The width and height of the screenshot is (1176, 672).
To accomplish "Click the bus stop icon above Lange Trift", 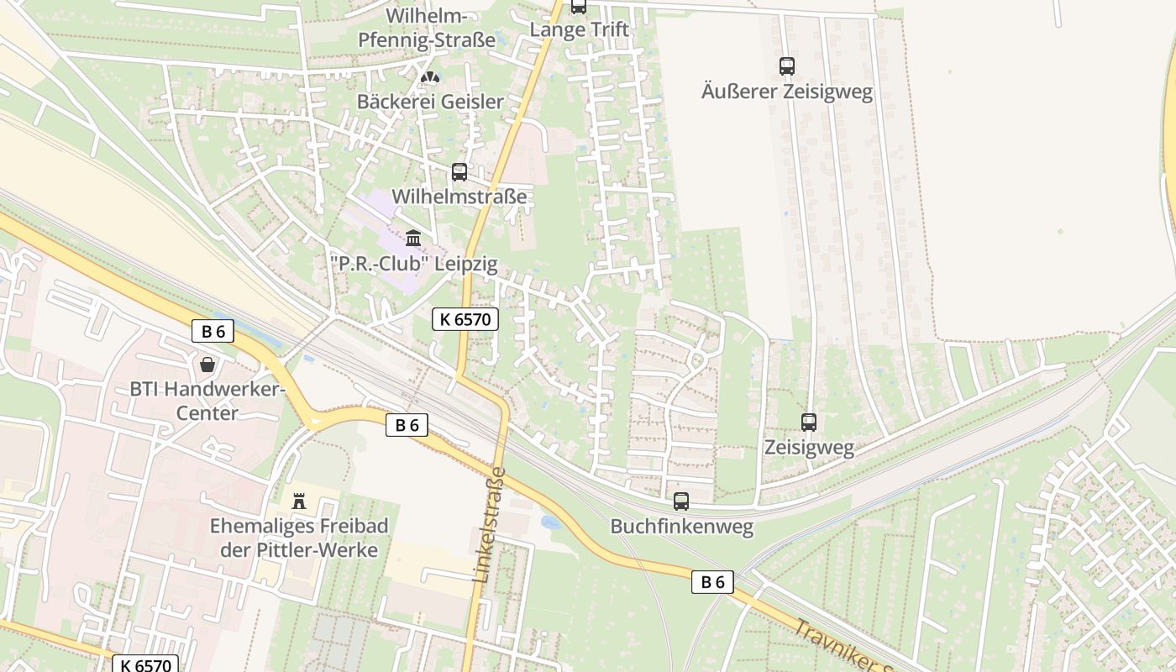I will pyautogui.click(x=579, y=7).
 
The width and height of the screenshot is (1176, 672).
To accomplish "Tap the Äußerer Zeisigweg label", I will pyautogui.click(x=786, y=92).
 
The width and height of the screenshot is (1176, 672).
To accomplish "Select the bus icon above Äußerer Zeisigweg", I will pyautogui.click(x=786, y=66).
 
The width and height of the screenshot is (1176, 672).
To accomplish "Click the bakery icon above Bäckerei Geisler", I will pyautogui.click(x=430, y=77).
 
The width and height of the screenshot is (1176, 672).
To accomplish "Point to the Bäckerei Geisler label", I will pyautogui.click(x=430, y=102).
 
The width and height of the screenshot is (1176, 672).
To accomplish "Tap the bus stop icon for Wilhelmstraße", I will pyautogui.click(x=459, y=172).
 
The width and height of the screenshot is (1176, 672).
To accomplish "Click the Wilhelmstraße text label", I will pyautogui.click(x=459, y=197).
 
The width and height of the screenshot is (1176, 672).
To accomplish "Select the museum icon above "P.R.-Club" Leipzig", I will pyautogui.click(x=412, y=239).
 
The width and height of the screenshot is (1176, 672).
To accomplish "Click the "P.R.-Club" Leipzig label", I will pyautogui.click(x=413, y=264).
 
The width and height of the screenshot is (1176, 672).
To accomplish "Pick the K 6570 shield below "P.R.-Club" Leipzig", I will pyautogui.click(x=465, y=319).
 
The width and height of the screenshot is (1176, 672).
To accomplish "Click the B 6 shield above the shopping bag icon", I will pyautogui.click(x=213, y=331).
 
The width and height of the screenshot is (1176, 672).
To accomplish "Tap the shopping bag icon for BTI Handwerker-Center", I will pyautogui.click(x=207, y=365).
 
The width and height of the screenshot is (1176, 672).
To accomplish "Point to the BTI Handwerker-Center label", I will pyautogui.click(x=207, y=401).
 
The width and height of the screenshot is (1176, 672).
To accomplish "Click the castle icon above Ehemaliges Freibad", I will pyautogui.click(x=298, y=501).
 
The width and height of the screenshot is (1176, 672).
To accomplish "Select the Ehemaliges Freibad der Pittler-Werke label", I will pyautogui.click(x=298, y=538).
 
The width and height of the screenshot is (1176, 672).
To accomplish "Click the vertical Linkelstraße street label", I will pyautogui.click(x=489, y=525).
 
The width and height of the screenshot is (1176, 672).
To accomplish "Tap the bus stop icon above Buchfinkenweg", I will pyautogui.click(x=680, y=501).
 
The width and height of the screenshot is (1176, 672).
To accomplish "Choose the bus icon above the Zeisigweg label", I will pyautogui.click(x=808, y=423).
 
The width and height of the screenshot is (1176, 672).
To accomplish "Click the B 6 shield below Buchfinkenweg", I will pyautogui.click(x=712, y=582).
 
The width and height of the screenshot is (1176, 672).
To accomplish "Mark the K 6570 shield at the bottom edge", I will pyautogui.click(x=146, y=664).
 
